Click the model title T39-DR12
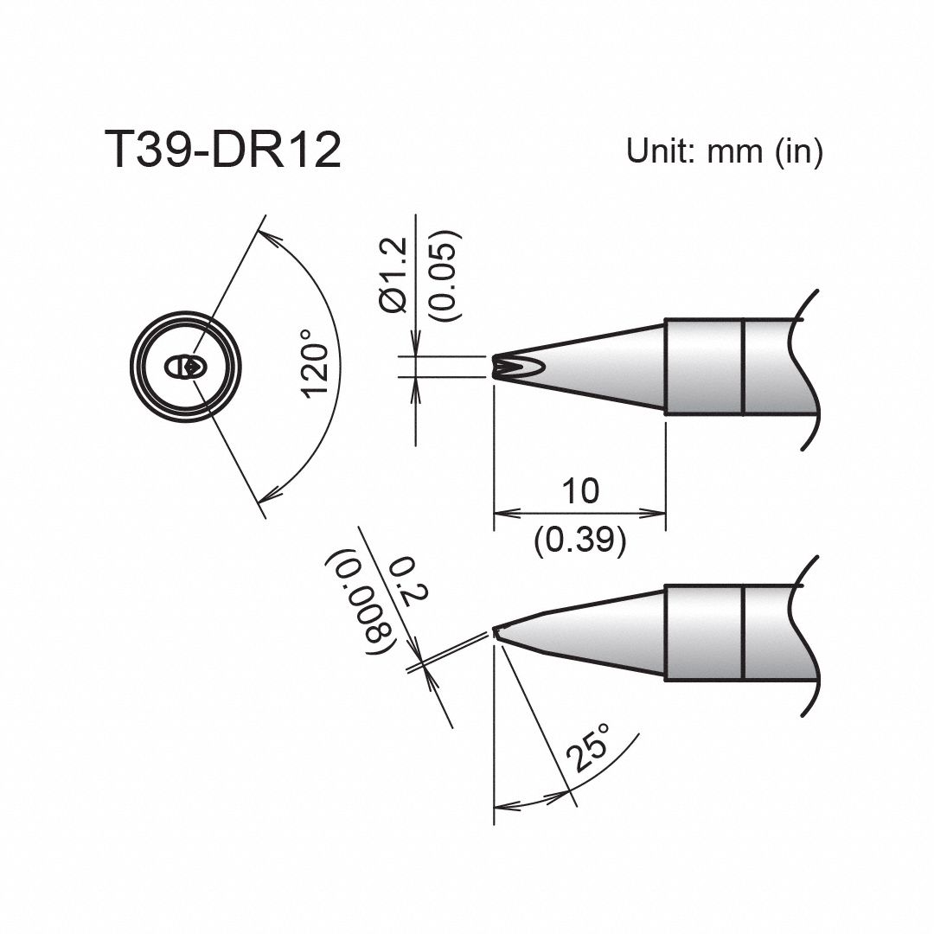point(222,151)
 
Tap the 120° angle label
point(317,370)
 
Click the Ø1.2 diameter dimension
point(392,277)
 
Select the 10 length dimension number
point(579,491)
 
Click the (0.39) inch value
point(579,541)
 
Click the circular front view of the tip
point(183,367)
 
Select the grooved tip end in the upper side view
point(501,368)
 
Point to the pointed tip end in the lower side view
point(497,631)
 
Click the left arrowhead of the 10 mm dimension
point(502,512)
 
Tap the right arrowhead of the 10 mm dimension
point(657,512)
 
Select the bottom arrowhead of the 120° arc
point(268,496)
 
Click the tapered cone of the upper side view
point(588,368)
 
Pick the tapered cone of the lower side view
point(597,634)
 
